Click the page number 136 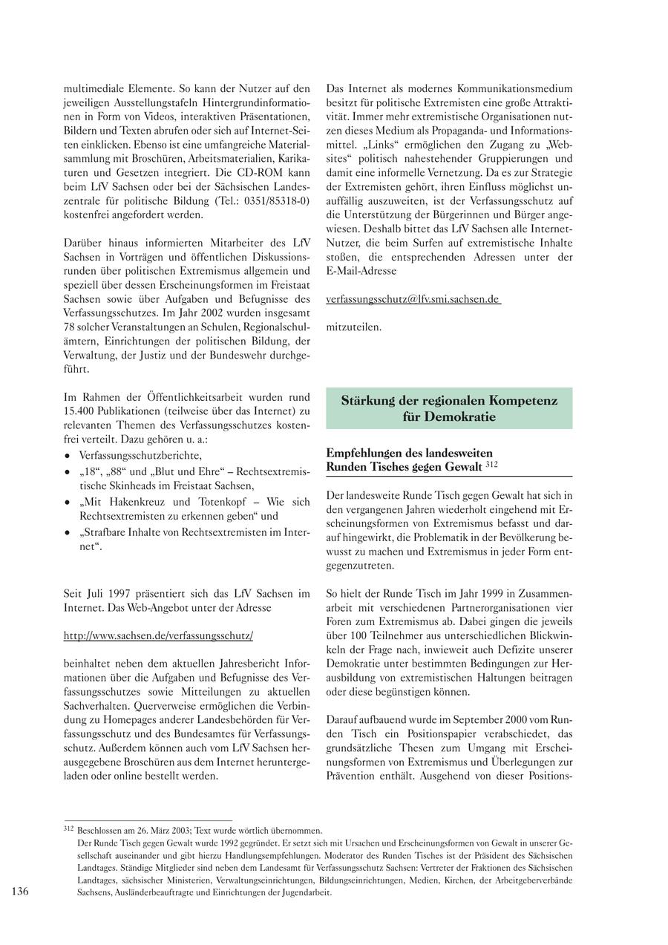(x=20, y=892)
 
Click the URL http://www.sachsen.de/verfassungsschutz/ (x=158, y=635)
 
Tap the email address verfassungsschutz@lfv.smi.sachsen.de (x=413, y=299)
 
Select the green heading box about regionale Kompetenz (x=449, y=408)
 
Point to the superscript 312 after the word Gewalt (x=491, y=464)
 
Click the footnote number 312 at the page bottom (x=69, y=829)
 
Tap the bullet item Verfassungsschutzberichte (x=140, y=455)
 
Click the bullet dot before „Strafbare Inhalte (x=68, y=533)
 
